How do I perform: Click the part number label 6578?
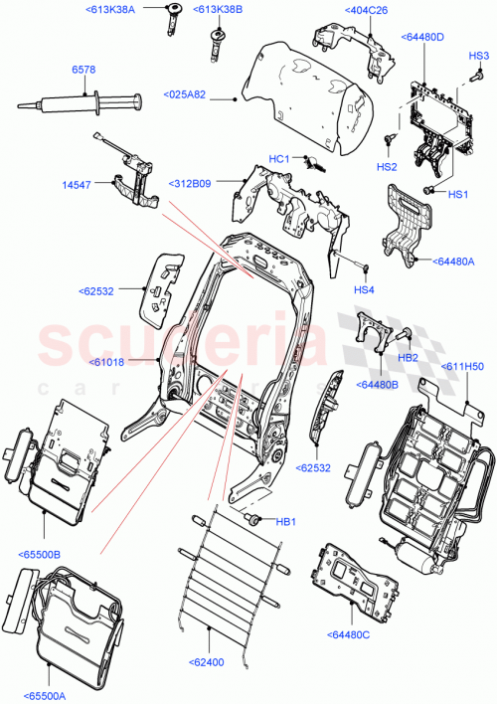84,70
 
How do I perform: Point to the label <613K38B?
220,11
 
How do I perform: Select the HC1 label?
278,159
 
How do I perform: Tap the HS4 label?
366,289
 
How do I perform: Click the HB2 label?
408,358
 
